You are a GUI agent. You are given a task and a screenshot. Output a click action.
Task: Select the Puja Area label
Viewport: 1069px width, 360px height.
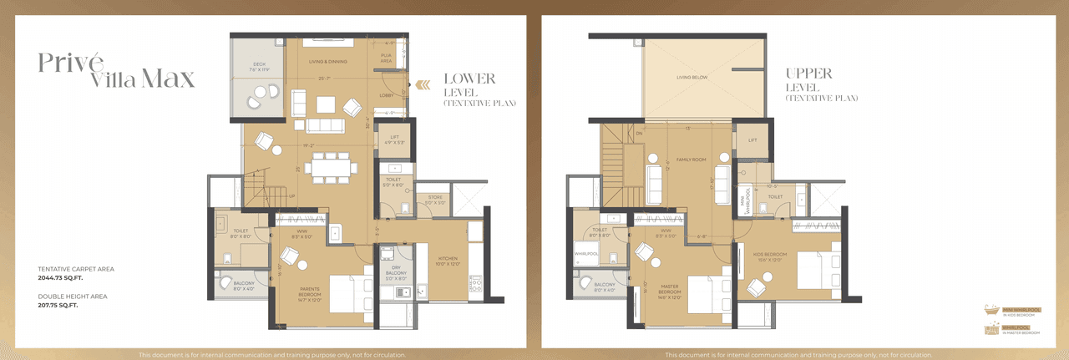386,59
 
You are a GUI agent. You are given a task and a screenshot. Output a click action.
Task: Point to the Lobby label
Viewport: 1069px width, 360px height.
386,95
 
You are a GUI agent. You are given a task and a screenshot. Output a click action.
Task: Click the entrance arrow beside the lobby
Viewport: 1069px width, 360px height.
423,84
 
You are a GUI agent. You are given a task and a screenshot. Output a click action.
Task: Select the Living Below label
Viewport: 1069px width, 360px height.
692,78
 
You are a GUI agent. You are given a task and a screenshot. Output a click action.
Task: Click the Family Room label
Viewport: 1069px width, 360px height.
691,158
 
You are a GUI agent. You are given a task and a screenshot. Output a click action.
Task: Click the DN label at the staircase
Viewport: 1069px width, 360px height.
639,133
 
